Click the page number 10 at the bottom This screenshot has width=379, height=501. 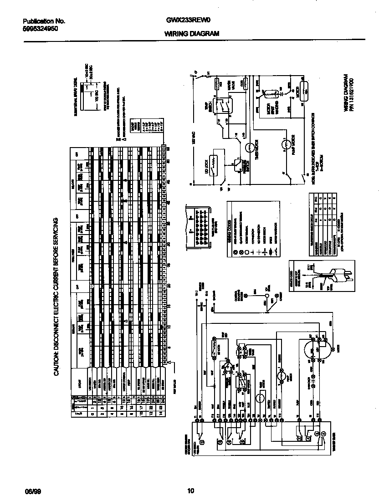[x=191, y=491]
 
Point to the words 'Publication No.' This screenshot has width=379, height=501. [x=44, y=21]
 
